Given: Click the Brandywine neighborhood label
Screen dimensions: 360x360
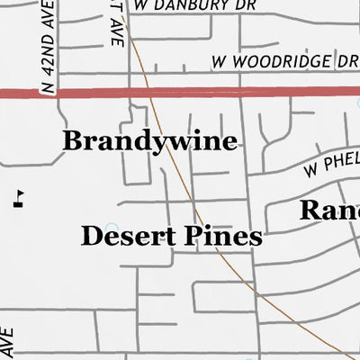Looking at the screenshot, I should (x=149, y=141).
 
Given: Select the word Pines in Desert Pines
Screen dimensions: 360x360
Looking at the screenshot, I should (x=220, y=237).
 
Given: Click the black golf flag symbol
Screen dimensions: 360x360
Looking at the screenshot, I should (x=19, y=199).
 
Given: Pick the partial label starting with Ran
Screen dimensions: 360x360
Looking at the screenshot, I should (x=328, y=211).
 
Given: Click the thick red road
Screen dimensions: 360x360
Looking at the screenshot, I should (x=225, y=92).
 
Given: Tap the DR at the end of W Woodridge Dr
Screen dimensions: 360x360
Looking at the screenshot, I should (x=346, y=62).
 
